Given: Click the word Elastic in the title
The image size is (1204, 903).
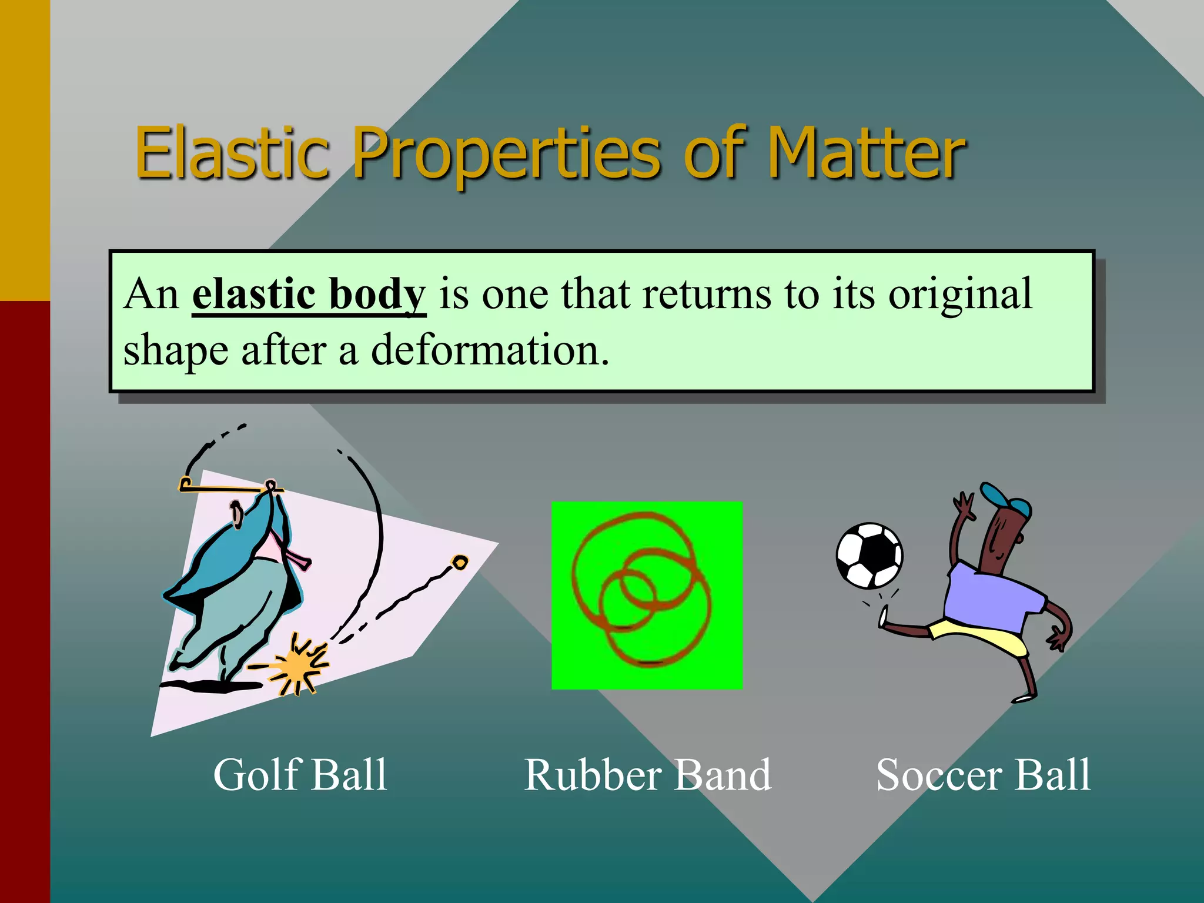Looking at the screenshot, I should (232, 154).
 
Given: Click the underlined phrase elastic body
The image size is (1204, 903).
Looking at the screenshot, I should (308, 294).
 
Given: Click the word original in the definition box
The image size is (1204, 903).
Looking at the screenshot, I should (959, 294).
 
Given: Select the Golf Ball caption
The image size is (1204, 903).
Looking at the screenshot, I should (300, 775).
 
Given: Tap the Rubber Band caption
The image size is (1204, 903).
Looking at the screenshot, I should (647, 775).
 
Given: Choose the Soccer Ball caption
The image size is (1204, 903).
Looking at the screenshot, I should (983, 775).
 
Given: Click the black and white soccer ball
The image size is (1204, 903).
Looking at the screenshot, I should (869, 556).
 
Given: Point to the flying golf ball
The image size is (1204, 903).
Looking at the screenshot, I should (460, 563).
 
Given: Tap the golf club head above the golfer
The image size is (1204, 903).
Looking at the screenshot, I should (186, 485).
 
